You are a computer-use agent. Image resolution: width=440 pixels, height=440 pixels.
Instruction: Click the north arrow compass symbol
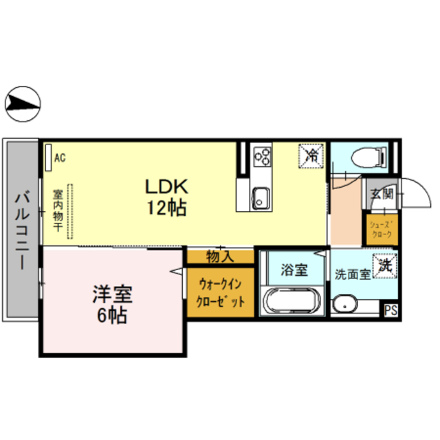22,104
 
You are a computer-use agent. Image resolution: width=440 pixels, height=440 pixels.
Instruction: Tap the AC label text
60,157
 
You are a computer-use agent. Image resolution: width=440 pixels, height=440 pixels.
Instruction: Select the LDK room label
166,186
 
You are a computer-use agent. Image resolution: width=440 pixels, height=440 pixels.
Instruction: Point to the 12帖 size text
166,207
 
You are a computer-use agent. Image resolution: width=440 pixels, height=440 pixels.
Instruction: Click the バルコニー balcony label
20,230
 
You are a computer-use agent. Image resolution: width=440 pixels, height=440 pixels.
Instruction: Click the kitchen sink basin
261,197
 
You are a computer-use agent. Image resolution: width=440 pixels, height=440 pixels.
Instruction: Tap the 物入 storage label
220,257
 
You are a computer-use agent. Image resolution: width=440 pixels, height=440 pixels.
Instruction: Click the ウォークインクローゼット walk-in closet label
220,293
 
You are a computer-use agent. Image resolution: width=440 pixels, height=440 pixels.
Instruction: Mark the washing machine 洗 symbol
383,264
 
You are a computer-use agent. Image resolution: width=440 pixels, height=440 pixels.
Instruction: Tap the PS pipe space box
390,310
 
